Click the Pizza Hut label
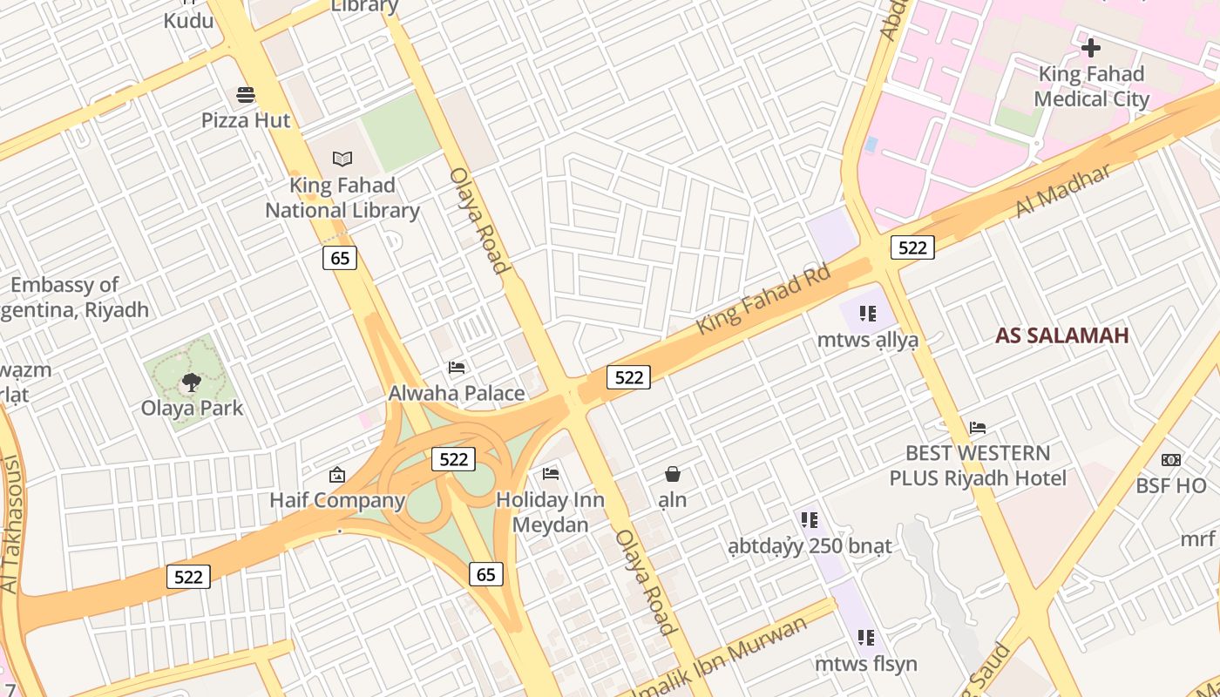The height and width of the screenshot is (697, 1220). [246, 119]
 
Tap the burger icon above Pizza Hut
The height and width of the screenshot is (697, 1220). [246, 94]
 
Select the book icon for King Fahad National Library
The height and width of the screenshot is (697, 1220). [342, 159]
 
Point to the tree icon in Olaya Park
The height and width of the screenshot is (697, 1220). [191, 382]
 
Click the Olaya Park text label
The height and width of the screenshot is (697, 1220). [192, 408]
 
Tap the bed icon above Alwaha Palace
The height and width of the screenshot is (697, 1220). [457, 368]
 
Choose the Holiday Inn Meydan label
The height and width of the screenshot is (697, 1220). [550, 512]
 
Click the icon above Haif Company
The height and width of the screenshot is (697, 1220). [337, 475]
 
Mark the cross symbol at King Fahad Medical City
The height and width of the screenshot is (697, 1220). [1090, 48]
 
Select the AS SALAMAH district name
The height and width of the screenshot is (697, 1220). [1061, 335]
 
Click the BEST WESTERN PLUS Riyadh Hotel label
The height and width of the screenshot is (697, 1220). [978, 465]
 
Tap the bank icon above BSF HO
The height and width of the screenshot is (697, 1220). [1171, 459]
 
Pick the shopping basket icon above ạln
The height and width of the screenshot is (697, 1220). [673, 474]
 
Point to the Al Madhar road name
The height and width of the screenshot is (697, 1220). [1063, 191]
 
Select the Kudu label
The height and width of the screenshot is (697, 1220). [188, 20]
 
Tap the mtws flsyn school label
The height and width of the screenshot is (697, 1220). [866, 664]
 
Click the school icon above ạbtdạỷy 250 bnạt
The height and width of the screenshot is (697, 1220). [810, 520]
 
